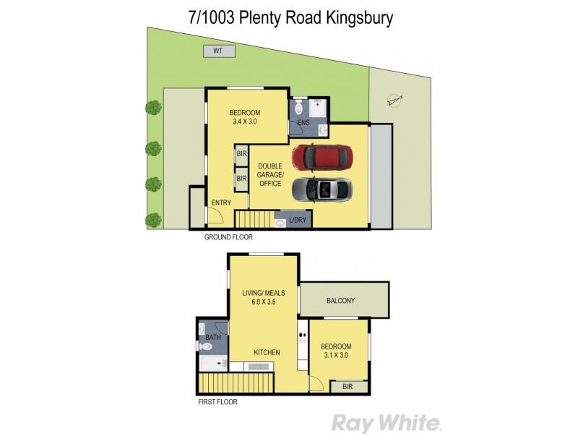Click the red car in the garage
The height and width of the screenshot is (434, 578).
pyautogui.click(x=322, y=156)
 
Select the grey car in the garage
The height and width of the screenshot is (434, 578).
pyautogui.click(x=322, y=190)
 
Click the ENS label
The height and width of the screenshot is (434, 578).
pyautogui.click(x=304, y=124)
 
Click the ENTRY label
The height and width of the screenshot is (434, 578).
pyautogui.click(x=220, y=203)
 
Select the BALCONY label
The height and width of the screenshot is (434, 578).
pyautogui.click(x=340, y=301)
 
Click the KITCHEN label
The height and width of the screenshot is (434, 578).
pyautogui.click(x=266, y=352)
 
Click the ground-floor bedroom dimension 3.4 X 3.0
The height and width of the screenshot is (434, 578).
pyautogui.click(x=245, y=122)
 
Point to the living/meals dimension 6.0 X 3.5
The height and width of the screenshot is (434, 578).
pyautogui.click(x=264, y=302)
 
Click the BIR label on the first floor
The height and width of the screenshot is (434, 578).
pyautogui.click(x=348, y=387)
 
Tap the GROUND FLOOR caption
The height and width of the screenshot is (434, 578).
pyautogui.click(x=228, y=237)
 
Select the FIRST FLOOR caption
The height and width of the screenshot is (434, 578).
pyautogui.click(x=217, y=401)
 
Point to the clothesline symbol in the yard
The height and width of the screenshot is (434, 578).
pyautogui.click(x=392, y=100)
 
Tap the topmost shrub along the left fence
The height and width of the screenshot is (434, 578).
pyautogui.click(x=153, y=108)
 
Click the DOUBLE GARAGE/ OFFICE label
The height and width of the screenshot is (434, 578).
pyautogui.click(x=272, y=175)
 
